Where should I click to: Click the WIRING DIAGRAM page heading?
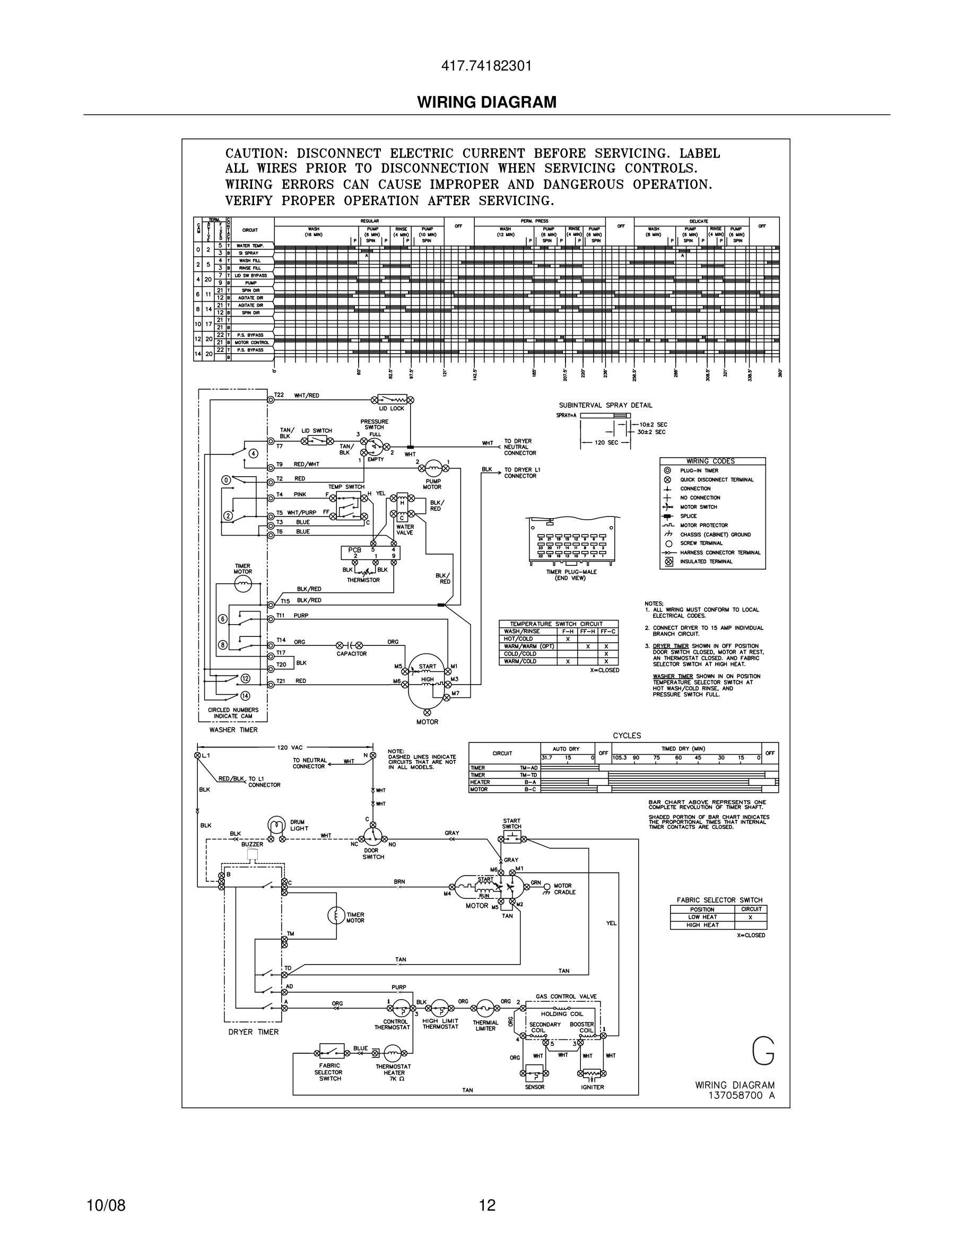click(486, 102)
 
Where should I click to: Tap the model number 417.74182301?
click(486, 66)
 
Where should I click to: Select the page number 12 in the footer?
click(487, 1205)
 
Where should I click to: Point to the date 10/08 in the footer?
click(106, 1205)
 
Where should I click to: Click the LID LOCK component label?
click(392, 408)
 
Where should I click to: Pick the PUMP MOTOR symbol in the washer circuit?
click(433, 467)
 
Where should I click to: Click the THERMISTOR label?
click(363, 580)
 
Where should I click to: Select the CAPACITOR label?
click(351, 654)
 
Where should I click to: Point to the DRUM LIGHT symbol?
click(276, 826)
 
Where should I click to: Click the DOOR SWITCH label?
click(373, 853)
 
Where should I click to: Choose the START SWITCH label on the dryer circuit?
click(511, 823)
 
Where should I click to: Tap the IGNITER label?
click(592, 1087)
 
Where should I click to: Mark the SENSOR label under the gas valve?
click(534, 1087)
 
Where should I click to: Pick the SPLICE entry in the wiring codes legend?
click(689, 516)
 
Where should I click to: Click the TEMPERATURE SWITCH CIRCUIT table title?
click(555, 624)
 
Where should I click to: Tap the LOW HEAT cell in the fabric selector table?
click(702, 917)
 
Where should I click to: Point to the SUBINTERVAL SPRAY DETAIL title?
click(605, 405)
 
